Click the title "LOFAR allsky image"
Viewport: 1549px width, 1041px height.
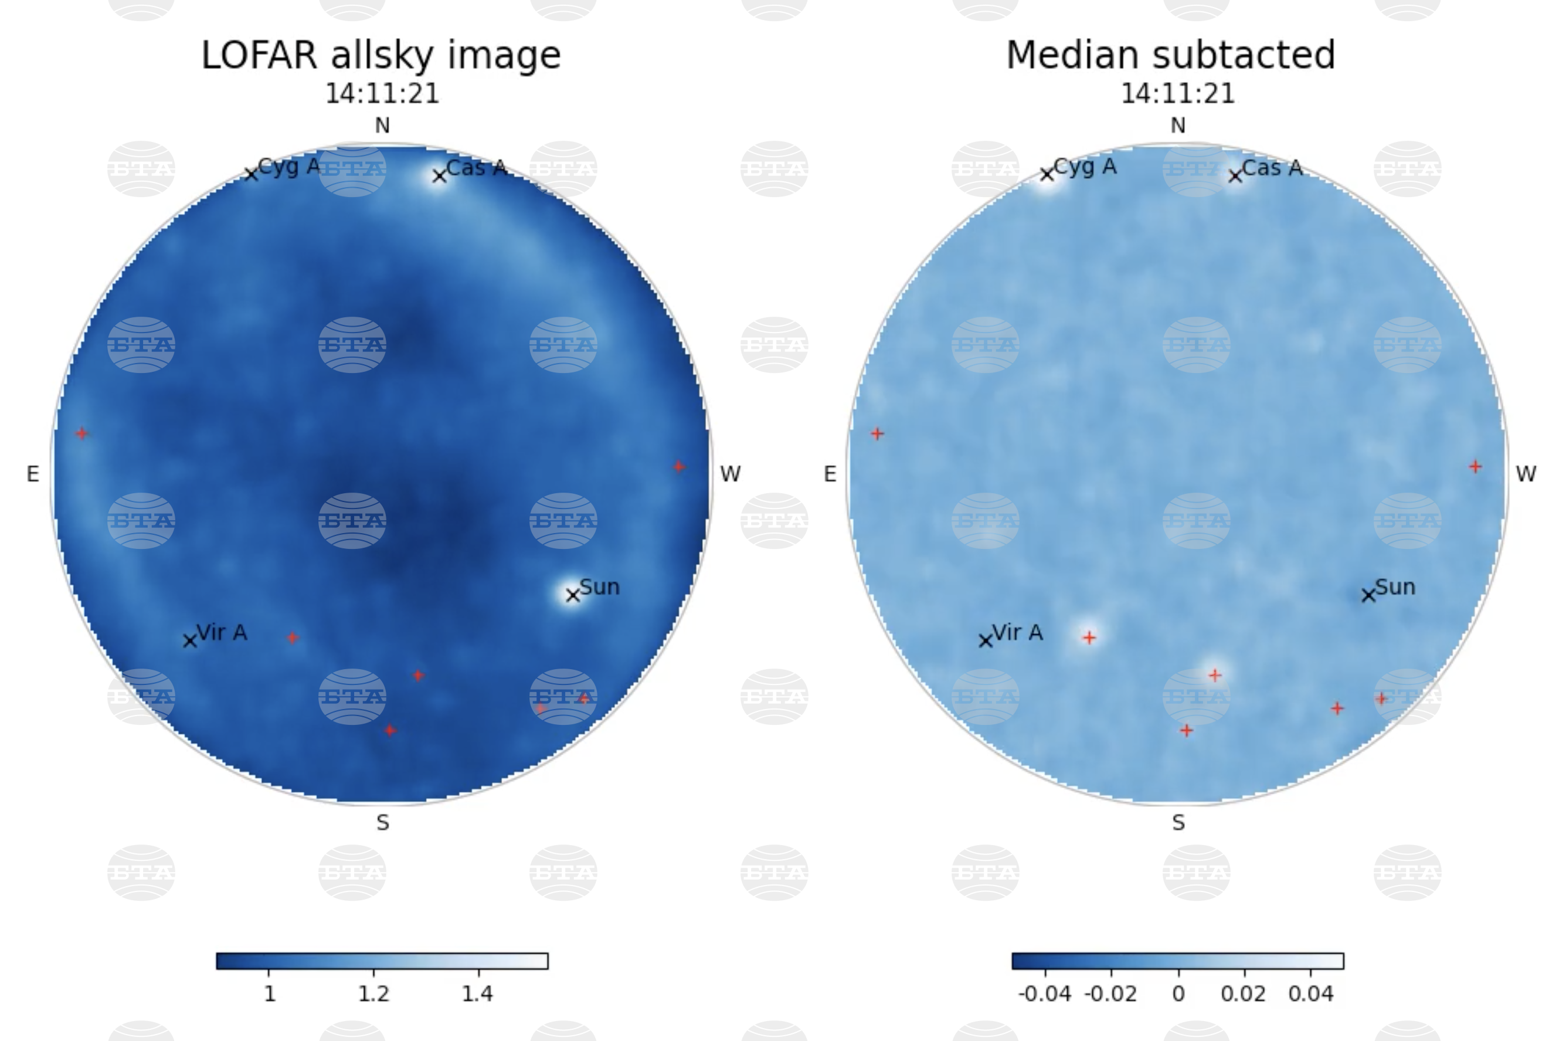tap(381, 55)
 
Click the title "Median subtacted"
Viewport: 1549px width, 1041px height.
tap(1171, 55)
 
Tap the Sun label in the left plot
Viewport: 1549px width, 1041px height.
tap(600, 587)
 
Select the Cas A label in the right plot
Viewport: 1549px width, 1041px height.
tap(1272, 168)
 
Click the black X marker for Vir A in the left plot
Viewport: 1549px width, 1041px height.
tap(190, 640)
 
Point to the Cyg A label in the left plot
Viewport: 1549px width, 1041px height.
tap(288, 166)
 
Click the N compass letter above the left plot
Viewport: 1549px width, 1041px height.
tap(382, 126)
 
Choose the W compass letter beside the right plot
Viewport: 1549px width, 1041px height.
tap(1526, 474)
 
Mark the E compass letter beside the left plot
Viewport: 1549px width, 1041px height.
tap(32, 474)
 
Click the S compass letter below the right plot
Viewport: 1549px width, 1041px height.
tap(1178, 823)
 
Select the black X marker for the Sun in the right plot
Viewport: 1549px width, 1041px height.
tap(1368, 595)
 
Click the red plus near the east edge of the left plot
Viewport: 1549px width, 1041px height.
tap(81, 433)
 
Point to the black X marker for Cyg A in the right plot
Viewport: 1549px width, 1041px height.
tap(1047, 175)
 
